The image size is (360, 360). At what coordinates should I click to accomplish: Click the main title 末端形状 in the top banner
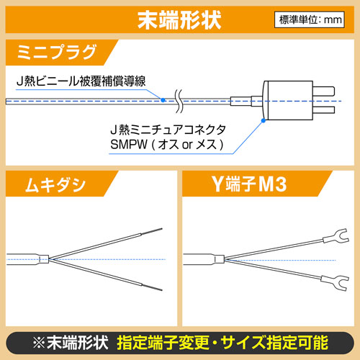point(179,20)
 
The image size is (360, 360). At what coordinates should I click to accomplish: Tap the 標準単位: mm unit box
point(310,19)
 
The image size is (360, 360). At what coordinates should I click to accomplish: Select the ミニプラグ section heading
point(57,52)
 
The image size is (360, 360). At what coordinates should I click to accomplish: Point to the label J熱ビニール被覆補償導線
point(81,81)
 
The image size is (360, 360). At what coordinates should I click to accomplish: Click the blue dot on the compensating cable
point(163,100)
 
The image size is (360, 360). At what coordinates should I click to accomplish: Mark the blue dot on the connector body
point(264,120)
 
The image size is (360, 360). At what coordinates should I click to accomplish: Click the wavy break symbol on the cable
point(179,101)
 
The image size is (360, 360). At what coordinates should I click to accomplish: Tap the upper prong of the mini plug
point(324,91)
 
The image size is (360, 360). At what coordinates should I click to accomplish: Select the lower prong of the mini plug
point(324,110)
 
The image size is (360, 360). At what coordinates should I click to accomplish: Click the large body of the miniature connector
point(288,100)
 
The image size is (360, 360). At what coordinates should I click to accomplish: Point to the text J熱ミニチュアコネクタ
point(168,130)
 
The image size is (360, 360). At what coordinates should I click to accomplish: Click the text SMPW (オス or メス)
point(167,145)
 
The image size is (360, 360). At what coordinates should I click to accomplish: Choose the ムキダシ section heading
point(55,185)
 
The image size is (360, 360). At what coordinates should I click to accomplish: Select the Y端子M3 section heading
point(249,184)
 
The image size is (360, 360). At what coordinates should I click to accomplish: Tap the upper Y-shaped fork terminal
point(336,236)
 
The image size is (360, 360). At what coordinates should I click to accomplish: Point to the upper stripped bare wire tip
point(152,231)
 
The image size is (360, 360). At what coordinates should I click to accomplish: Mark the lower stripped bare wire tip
point(152,287)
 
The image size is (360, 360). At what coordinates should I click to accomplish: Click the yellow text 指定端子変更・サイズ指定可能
point(222,343)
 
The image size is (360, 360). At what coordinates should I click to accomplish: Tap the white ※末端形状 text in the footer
point(71,343)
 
